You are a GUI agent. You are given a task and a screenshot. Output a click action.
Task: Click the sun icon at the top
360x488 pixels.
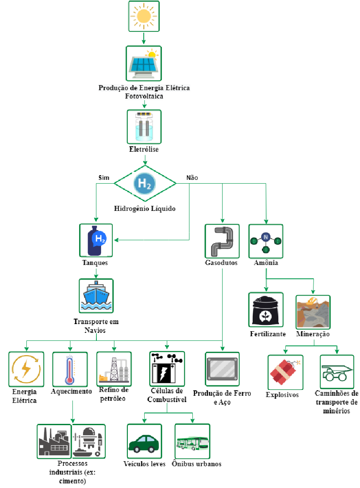coord(144,16)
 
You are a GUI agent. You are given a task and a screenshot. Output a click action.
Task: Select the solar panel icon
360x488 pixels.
coord(144,63)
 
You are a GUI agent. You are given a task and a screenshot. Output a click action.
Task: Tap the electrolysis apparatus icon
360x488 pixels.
coord(144,127)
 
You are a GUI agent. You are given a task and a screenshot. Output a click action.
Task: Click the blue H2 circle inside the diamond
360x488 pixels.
coord(145,183)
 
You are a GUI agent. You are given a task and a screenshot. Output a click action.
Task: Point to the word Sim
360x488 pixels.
coord(104,178)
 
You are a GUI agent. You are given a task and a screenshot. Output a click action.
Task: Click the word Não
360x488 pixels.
coord(192,178)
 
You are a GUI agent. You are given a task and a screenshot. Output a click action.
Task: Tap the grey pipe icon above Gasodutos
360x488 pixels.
coord(222,241)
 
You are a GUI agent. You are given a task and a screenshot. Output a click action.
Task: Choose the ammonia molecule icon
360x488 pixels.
coord(266,242)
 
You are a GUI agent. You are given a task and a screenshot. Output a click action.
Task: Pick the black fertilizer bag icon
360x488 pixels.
coord(266,310)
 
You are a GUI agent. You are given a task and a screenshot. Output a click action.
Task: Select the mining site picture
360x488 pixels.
coord(313,312)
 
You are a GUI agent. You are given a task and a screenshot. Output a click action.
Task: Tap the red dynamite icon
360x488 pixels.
coord(285,372)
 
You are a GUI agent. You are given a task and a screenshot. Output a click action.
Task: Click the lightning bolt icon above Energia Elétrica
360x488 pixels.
coord(26,369)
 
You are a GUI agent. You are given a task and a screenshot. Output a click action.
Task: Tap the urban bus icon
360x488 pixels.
coord(192,443)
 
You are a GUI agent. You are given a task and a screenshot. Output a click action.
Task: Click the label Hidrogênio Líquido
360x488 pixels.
coord(145,208)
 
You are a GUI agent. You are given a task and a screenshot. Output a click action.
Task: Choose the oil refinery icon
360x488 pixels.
coord(114,369)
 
